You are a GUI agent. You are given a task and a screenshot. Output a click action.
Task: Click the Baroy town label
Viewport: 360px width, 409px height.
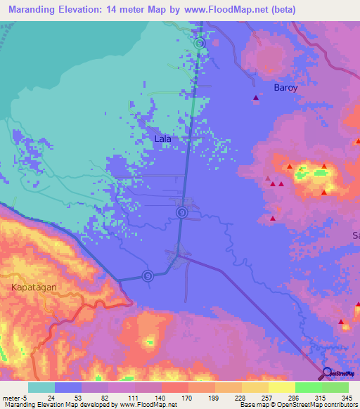[286, 89]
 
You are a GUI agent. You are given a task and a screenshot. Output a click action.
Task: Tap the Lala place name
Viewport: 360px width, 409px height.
[162, 139]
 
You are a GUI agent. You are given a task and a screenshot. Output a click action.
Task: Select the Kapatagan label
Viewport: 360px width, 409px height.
[33, 287]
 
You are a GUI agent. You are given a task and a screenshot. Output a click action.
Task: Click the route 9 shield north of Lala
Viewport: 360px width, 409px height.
[200, 43]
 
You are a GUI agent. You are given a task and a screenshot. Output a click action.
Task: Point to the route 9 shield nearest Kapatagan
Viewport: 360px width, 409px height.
[148, 275]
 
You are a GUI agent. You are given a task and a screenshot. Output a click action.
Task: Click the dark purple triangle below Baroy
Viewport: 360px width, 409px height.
[255, 98]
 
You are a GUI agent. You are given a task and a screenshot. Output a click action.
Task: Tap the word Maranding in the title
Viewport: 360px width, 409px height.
[33, 10]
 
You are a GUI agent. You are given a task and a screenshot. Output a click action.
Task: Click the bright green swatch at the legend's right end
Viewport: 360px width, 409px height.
[335, 387]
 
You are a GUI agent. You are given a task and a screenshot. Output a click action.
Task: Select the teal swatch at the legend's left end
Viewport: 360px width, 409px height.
[41, 387]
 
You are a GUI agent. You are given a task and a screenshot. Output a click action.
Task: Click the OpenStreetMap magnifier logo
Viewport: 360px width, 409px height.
[327, 373]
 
